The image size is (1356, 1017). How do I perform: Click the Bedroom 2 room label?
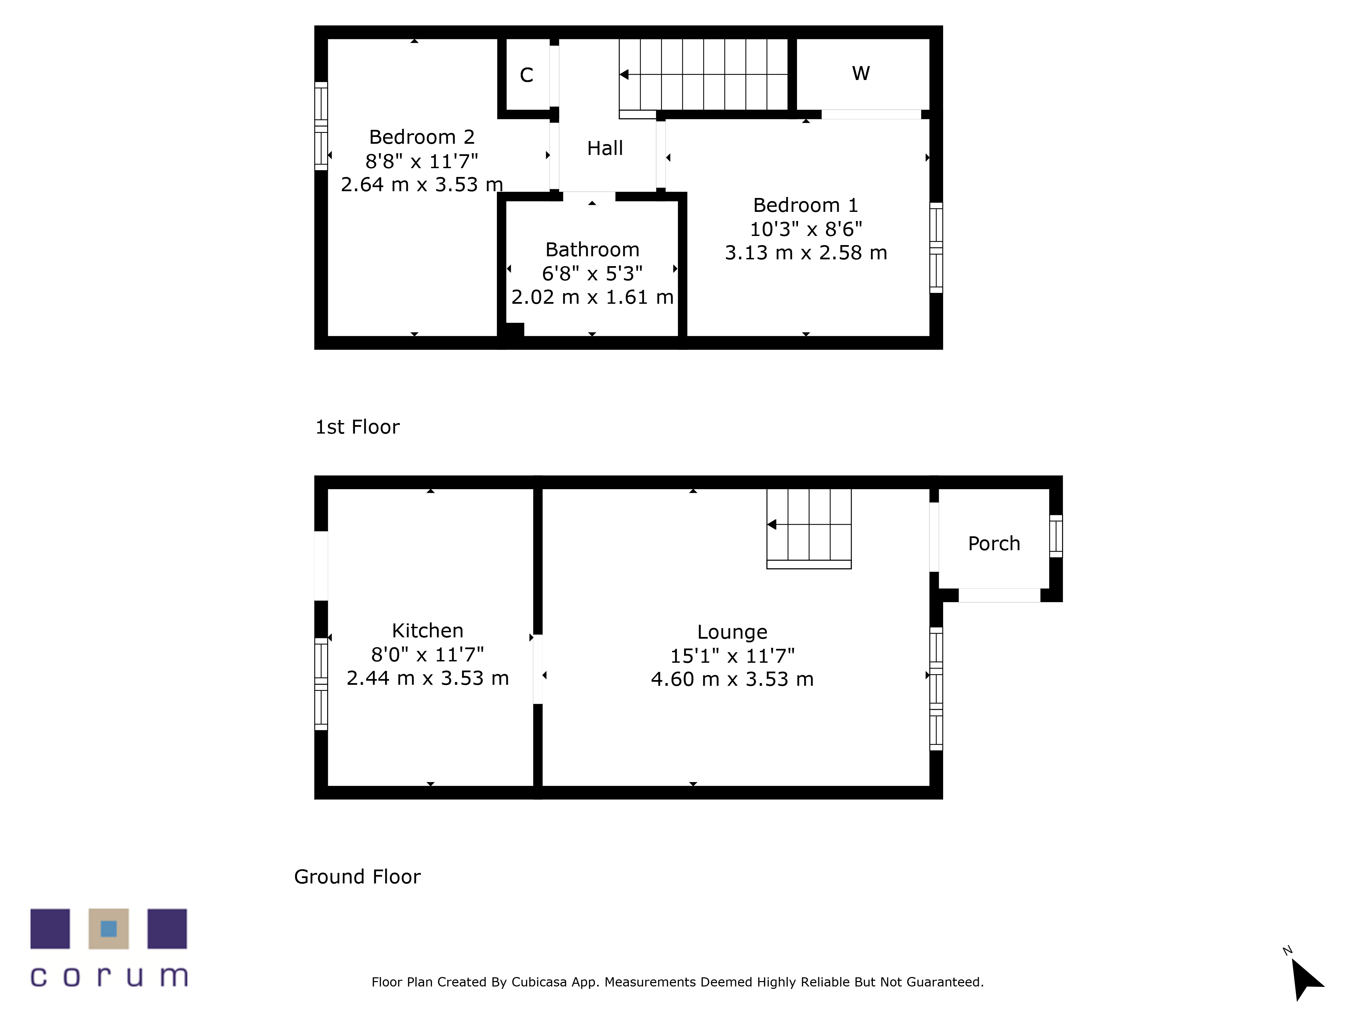coord(422,137)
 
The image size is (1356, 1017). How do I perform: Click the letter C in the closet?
coord(526,75)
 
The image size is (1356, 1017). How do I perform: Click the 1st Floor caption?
coord(357,427)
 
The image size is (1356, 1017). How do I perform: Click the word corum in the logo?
coord(109,977)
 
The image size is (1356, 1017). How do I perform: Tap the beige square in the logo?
coord(108,929)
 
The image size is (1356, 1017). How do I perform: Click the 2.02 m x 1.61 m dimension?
coord(592,297)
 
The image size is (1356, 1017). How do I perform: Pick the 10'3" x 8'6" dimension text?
coord(805,229)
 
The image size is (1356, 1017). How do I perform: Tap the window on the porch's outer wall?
coord(1056,536)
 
